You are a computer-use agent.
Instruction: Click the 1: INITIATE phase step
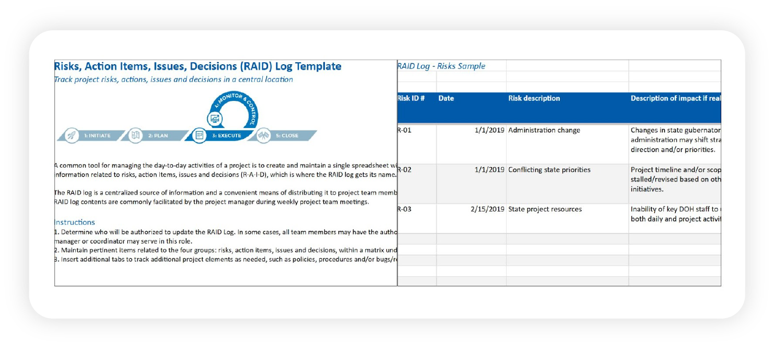(x=97, y=136)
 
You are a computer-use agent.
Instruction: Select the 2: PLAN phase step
(x=158, y=136)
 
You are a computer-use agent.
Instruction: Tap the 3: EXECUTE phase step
(x=226, y=136)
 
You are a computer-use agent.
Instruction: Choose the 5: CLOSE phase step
(x=287, y=136)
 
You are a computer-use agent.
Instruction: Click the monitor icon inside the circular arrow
(x=215, y=119)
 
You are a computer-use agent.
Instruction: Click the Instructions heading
(x=75, y=222)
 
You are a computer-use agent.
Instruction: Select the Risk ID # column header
(x=411, y=98)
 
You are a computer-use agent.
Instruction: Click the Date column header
(x=446, y=98)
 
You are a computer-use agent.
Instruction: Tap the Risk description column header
(x=534, y=98)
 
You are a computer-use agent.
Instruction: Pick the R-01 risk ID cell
(x=405, y=130)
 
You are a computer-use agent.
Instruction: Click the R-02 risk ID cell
(x=405, y=170)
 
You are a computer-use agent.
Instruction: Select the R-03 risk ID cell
(x=405, y=209)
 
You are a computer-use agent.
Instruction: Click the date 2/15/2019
(x=488, y=209)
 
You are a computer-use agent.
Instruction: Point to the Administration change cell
(x=544, y=130)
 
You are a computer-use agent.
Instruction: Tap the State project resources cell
(x=545, y=209)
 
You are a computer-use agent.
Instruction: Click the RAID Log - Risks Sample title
(x=441, y=66)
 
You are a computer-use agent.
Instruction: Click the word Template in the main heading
(x=318, y=66)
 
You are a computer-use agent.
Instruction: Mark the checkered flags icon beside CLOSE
(x=263, y=136)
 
